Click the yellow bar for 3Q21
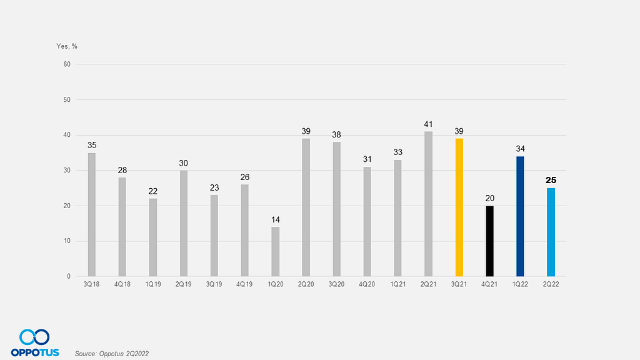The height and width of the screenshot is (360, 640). [x=459, y=207]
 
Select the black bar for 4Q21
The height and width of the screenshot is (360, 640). [x=490, y=241]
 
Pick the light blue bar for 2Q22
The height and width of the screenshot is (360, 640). [x=551, y=232]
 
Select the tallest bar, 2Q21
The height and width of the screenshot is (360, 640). [x=429, y=204]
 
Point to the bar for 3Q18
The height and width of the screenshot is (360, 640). [x=92, y=214]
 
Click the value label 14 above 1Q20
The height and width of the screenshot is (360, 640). [x=276, y=219]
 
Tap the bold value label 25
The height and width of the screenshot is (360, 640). [x=551, y=180]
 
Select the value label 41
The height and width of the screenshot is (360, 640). [x=429, y=124]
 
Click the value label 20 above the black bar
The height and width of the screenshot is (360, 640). [x=490, y=198]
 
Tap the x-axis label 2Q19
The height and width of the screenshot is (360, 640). [x=184, y=284]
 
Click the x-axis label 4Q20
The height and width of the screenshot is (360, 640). [x=367, y=284]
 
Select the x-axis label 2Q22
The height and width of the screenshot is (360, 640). [x=551, y=284]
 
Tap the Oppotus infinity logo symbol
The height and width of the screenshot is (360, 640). [x=35, y=337]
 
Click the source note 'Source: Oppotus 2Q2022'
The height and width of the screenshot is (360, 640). [x=112, y=354]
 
